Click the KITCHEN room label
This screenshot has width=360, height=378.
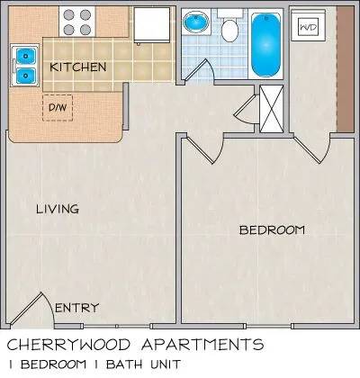click(x=78, y=67)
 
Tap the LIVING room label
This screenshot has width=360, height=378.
click(x=58, y=209)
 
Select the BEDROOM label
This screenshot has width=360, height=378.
click(x=272, y=230)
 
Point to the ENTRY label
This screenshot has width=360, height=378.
click(x=77, y=308)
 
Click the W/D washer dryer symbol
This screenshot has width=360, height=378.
click(x=309, y=27)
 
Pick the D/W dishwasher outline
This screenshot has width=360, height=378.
click(x=58, y=108)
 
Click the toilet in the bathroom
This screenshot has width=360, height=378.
click(x=230, y=26)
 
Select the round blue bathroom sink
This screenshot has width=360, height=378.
click(x=196, y=22)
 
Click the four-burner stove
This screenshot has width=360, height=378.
click(x=77, y=22)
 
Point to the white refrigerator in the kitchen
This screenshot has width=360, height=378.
click(x=152, y=25)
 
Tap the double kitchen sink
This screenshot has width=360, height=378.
click(x=25, y=66)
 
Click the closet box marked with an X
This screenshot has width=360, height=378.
click(x=272, y=109)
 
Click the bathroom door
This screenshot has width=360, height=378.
click(x=199, y=69)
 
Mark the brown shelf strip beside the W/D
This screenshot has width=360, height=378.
click(x=346, y=69)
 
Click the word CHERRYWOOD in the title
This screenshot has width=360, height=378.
click(x=68, y=345)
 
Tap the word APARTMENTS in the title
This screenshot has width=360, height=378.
click(x=202, y=345)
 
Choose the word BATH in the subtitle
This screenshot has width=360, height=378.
click(x=124, y=364)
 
